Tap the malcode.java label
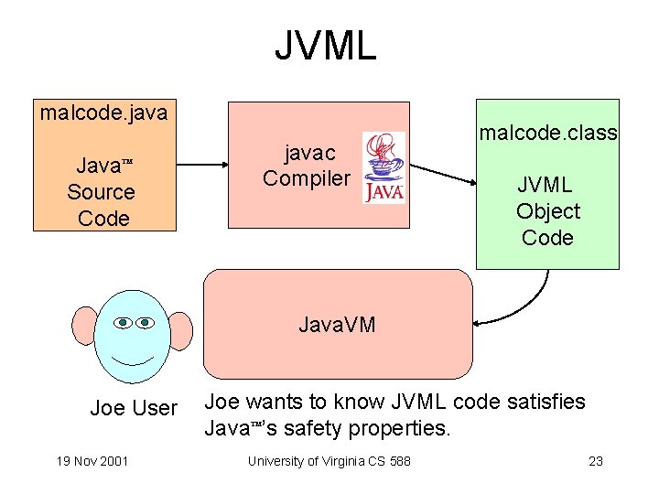coord(103,113)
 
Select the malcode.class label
coord(547,134)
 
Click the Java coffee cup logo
coord(384,166)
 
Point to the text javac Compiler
coord(306,166)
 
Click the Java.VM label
coord(337,325)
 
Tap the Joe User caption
coord(134,408)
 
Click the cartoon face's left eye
coord(124,322)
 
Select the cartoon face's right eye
coord(146,322)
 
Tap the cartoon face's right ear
coord(180,330)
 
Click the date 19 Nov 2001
coord(91,460)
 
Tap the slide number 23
coord(595,460)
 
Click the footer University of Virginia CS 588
coord(329,460)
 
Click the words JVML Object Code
coord(547,211)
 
